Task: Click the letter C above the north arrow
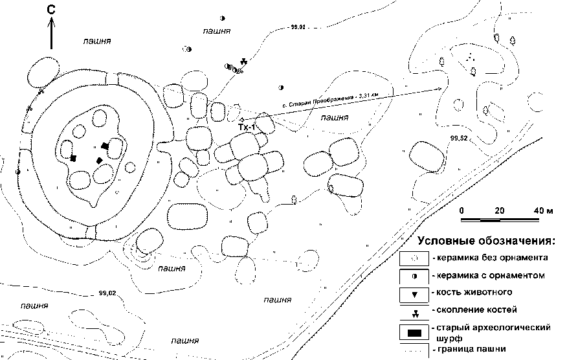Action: [x=52, y=10]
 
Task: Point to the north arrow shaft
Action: [x=52, y=36]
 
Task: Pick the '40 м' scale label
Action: [x=544, y=211]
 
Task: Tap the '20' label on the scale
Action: [x=498, y=211]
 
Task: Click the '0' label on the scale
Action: [x=463, y=211]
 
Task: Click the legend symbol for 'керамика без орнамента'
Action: [x=414, y=258]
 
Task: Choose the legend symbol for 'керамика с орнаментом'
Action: [x=414, y=276]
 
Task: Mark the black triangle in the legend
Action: [x=414, y=294]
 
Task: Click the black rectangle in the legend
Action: [x=414, y=333]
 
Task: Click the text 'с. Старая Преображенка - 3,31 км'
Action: [x=330, y=100]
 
